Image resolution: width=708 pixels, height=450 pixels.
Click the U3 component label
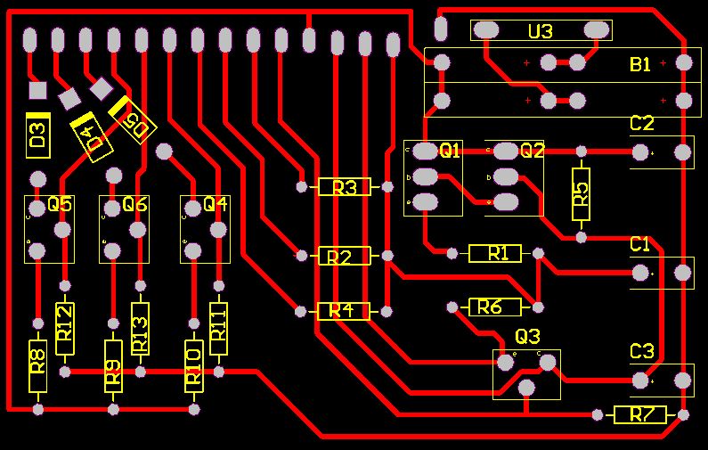pos(541,31)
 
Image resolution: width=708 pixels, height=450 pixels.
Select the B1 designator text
pos(640,64)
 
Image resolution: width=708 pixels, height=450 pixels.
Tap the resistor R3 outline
pos(344,187)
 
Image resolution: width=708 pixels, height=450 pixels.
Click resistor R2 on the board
pos(343,257)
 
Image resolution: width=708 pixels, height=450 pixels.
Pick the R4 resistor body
pos(343,311)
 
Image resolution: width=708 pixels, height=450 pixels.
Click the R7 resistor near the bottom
pos(639,414)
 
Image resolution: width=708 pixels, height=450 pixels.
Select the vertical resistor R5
pos(581,194)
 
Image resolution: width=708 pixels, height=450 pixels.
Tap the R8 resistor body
pos(37,365)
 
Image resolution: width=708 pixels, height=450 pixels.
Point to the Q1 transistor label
pos(451,151)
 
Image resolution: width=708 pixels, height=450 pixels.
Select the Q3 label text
pos(527,337)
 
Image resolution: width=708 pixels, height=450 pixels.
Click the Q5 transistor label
pos(60,204)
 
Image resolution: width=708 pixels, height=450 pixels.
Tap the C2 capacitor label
pos(641,123)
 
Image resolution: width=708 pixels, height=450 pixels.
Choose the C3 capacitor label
pos(641,351)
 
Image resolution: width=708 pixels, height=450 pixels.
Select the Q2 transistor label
pos(532,151)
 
